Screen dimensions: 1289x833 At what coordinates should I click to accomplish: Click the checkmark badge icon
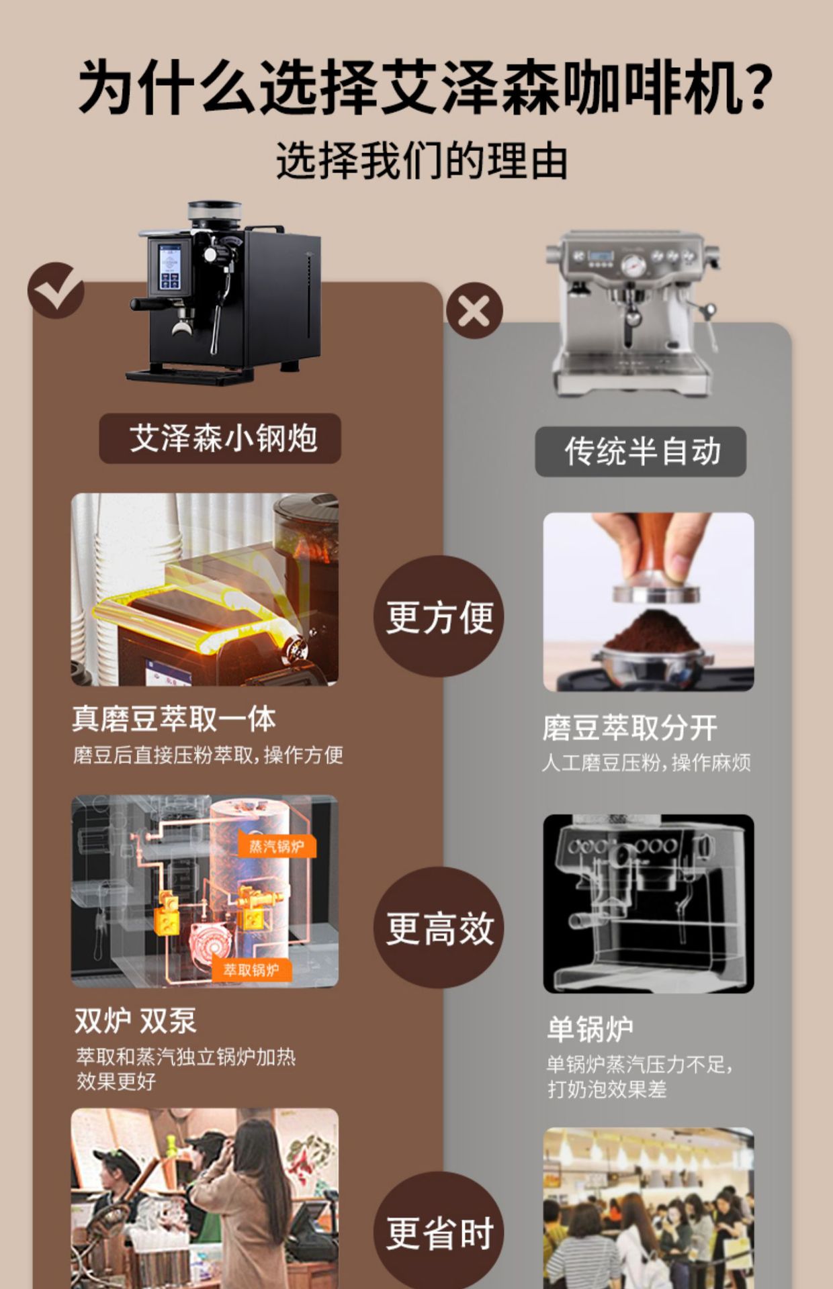click(56, 290)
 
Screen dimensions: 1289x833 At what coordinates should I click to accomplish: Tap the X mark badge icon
click(474, 311)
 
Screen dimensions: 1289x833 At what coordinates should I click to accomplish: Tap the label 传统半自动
click(641, 452)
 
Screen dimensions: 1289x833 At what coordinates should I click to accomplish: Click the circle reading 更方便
click(439, 616)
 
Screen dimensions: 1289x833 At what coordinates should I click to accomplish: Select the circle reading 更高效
click(439, 928)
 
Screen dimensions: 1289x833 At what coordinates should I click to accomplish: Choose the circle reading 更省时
click(439, 1233)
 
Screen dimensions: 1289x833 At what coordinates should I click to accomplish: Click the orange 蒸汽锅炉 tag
click(276, 846)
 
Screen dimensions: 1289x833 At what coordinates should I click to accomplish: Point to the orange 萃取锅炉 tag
click(251, 970)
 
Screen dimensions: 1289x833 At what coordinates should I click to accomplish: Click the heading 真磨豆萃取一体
click(174, 719)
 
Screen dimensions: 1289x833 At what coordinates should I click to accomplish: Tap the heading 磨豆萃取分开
click(629, 728)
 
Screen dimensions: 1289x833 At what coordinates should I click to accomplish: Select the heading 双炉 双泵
click(135, 1021)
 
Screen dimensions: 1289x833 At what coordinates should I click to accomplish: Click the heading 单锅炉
click(590, 1029)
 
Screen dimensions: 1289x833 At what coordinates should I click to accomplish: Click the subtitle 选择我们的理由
click(422, 161)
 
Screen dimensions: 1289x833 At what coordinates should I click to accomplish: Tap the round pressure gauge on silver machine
click(633, 267)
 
